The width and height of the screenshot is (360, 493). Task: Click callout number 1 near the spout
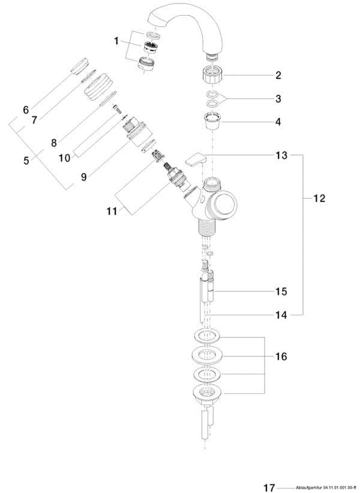click(116, 41)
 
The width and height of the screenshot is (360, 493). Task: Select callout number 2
click(278, 76)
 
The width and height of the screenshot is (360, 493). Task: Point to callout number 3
click(278, 98)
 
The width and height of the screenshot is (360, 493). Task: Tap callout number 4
click(278, 121)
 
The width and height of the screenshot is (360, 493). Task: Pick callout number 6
click(26, 110)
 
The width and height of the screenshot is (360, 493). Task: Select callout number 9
click(83, 177)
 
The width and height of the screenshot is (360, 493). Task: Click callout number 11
click(111, 211)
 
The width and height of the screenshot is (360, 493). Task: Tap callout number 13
click(281, 156)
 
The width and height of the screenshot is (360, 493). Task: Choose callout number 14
click(281, 314)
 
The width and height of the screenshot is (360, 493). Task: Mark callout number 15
click(281, 291)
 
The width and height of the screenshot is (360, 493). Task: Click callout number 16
click(281, 356)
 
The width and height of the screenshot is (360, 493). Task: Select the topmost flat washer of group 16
click(207, 336)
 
